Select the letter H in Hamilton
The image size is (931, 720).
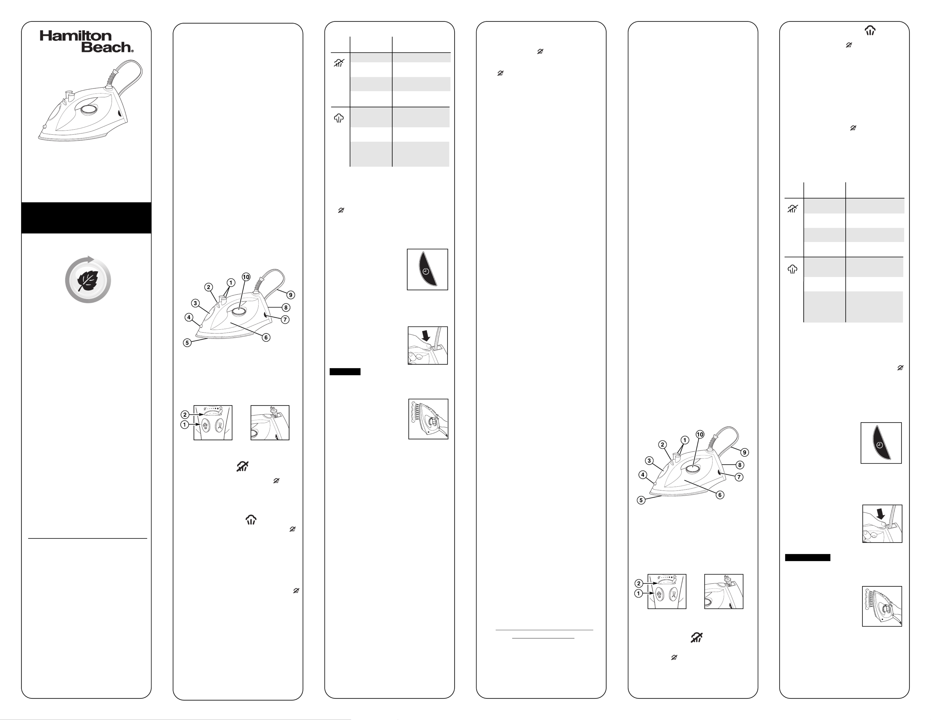point(45,36)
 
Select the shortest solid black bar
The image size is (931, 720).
point(345,372)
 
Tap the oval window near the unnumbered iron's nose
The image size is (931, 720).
point(53,116)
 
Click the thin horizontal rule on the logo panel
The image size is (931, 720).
point(87,538)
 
